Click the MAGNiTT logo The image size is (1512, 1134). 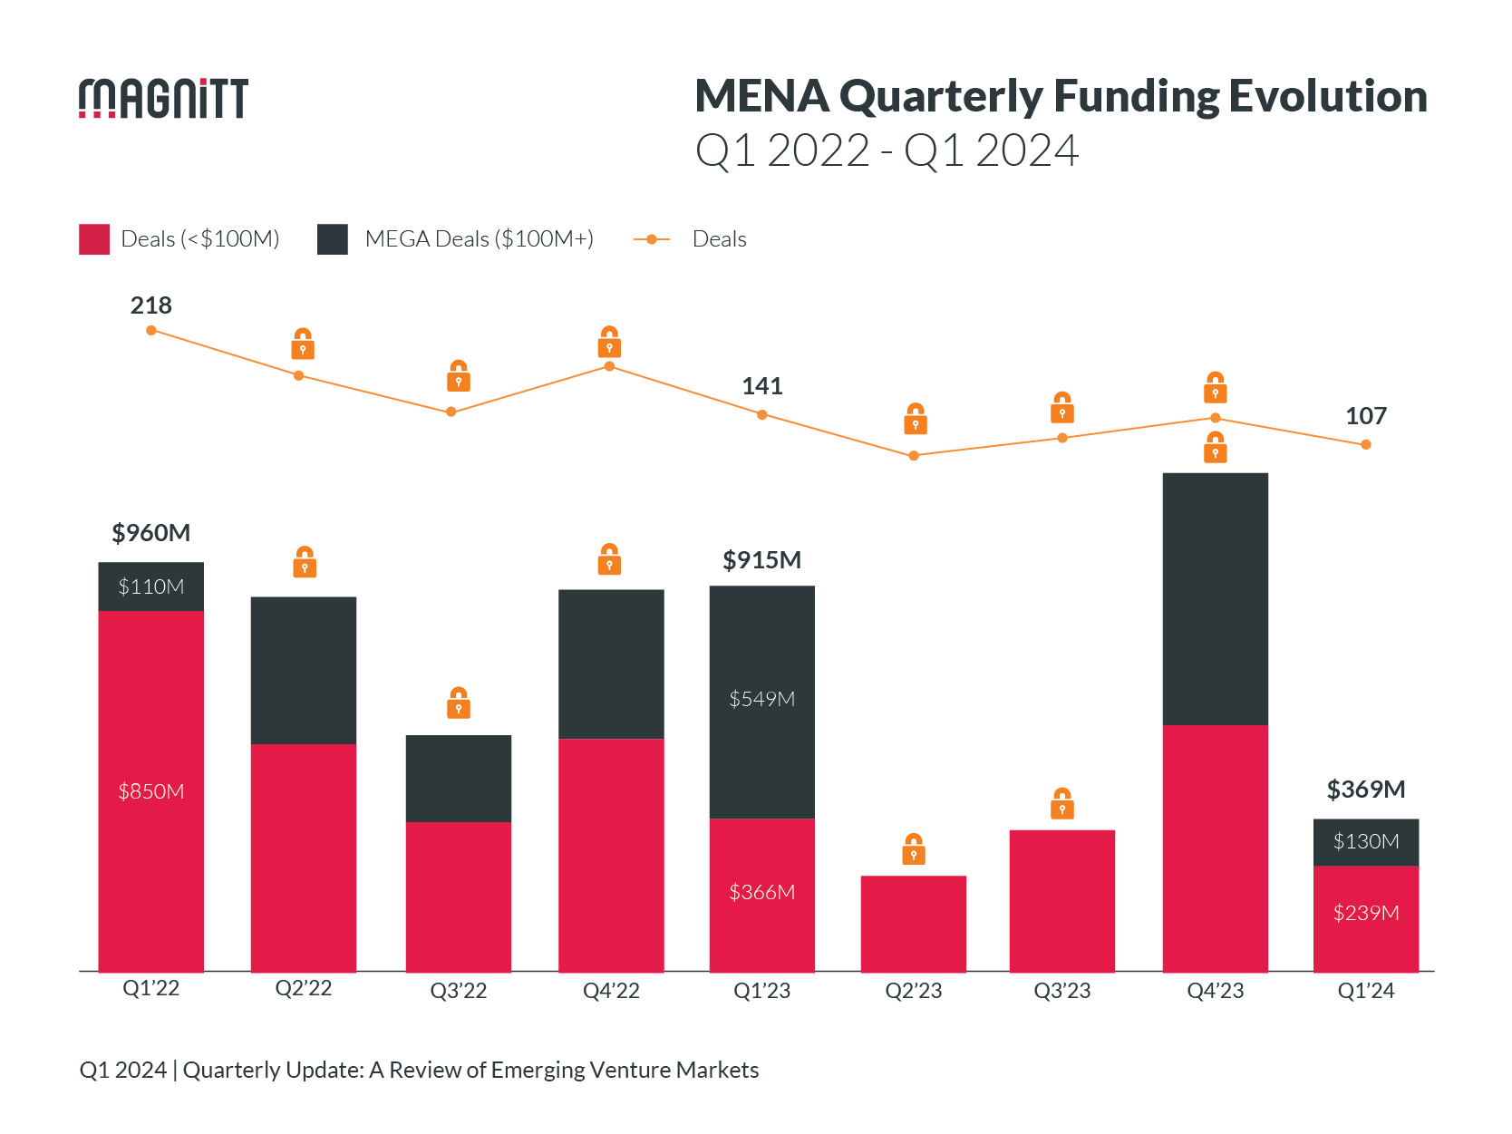pyautogui.click(x=163, y=98)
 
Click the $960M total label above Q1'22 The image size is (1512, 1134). pyautogui.click(x=150, y=533)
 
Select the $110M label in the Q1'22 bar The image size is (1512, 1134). pyautogui.click(x=150, y=586)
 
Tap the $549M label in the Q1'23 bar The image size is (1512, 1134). pyautogui.click(x=761, y=699)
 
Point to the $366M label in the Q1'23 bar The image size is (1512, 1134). pyautogui.click(x=761, y=892)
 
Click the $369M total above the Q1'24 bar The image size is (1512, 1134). pyautogui.click(x=1365, y=790)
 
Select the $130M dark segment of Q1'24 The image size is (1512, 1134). pyautogui.click(x=1365, y=841)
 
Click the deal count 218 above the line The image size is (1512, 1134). pyautogui.click(x=150, y=305)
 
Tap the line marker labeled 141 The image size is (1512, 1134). pyautogui.click(x=761, y=414)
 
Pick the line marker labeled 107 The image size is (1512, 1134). pyautogui.click(x=1365, y=444)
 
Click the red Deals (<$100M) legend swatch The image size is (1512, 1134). pyautogui.click(x=94, y=239)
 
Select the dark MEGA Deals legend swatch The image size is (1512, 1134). pyautogui.click(x=333, y=239)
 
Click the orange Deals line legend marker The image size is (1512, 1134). pyautogui.click(x=651, y=239)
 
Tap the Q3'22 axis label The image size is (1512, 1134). pyautogui.click(x=458, y=991)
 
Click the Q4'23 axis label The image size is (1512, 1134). pyautogui.click(x=1215, y=991)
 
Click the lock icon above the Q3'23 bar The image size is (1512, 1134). pyautogui.click(x=1061, y=804)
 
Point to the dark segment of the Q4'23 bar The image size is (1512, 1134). pyautogui.click(x=1215, y=598)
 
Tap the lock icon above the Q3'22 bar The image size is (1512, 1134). pyautogui.click(x=458, y=703)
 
